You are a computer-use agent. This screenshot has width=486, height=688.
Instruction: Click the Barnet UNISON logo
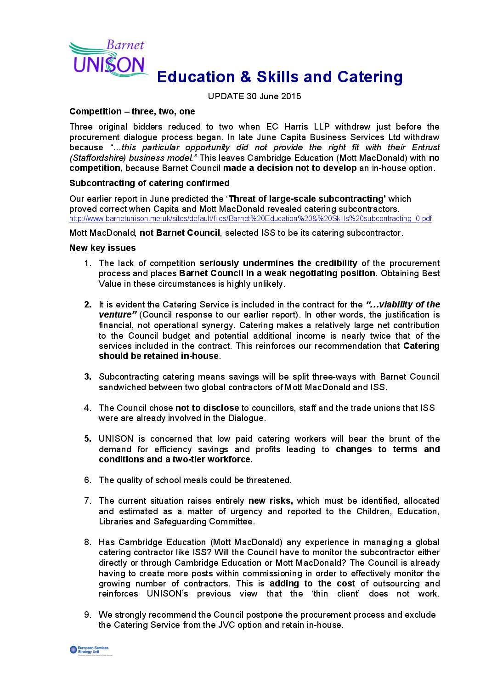(x=108, y=59)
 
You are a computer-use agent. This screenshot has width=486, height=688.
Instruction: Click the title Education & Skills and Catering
(x=279, y=77)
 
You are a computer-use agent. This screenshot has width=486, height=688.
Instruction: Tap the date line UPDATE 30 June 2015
(x=254, y=97)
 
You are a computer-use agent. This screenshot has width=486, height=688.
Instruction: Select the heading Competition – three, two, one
(x=132, y=112)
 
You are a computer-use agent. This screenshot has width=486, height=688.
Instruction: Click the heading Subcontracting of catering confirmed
(x=149, y=183)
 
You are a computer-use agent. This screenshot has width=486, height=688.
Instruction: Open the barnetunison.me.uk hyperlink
(x=250, y=219)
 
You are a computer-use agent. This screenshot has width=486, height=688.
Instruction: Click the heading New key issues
(x=102, y=248)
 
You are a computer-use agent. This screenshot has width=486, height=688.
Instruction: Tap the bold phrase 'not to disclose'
(x=207, y=408)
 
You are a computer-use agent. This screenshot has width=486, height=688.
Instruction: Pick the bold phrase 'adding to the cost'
(x=312, y=584)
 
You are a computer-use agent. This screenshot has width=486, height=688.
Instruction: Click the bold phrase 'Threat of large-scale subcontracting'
(x=306, y=199)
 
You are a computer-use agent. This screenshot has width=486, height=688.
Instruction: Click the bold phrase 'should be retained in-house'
(x=159, y=356)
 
